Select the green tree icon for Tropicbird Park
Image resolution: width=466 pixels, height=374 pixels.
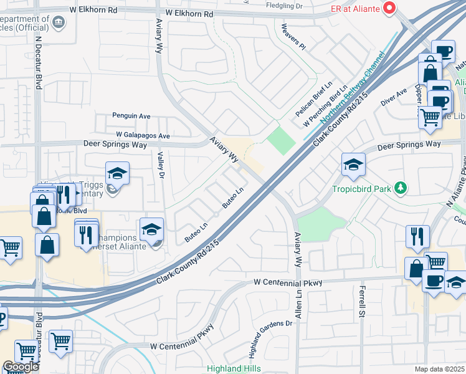[402, 188]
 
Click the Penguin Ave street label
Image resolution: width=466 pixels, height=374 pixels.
[131, 115]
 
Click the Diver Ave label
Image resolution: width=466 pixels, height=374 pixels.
[394, 95]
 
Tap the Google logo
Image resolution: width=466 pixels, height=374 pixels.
[20, 367]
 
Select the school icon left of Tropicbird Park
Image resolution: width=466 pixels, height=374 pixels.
[353, 165]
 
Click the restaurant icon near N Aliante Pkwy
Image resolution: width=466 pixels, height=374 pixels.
[417, 236]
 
